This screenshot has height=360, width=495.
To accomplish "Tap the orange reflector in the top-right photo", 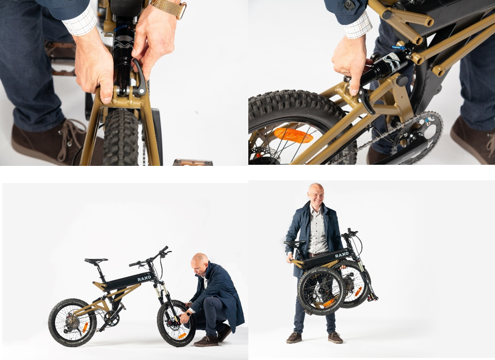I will click(x=293, y=135).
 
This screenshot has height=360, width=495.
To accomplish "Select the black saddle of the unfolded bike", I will click(x=96, y=260).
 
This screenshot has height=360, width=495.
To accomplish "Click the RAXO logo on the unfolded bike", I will click(x=144, y=278).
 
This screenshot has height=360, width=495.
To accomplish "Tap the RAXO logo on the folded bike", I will click(x=342, y=255).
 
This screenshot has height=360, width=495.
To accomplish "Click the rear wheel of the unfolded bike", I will click(x=72, y=322).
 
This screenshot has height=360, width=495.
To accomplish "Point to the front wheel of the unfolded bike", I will click(x=176, y=324).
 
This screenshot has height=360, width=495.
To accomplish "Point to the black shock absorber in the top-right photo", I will click(x=384, y=69).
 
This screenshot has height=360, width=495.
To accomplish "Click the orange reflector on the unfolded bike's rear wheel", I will click(x=85, y=327).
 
